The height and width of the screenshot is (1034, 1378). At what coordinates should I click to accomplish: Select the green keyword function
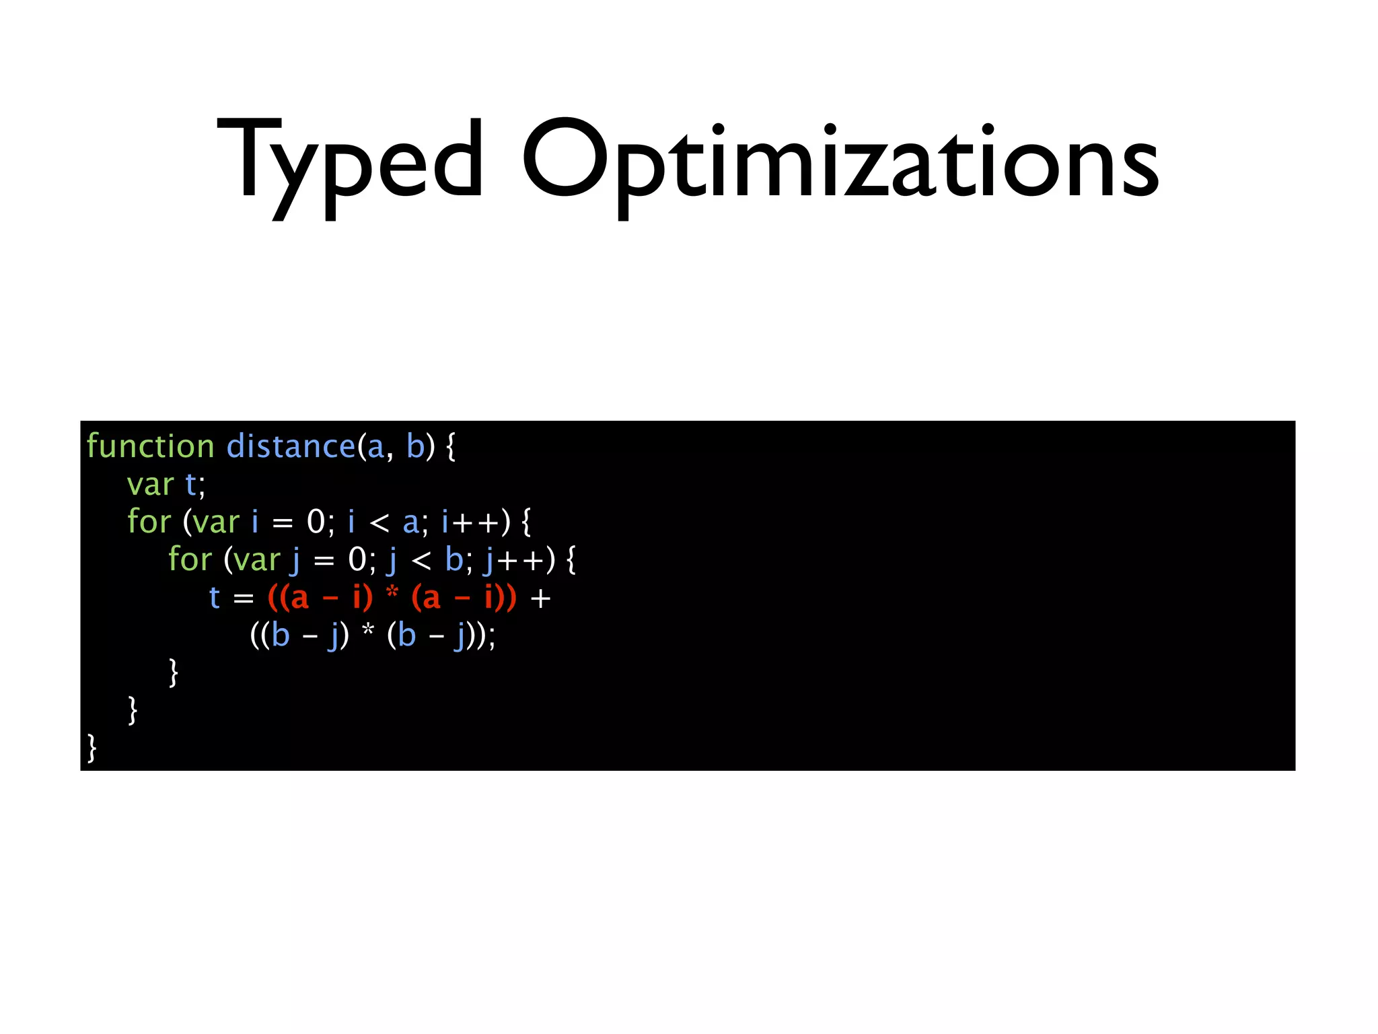[x=150, y=446]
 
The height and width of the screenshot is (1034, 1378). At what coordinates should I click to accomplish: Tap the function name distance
[x=290, y=446]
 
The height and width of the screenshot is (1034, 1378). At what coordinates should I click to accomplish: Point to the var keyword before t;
[x=150, y=485]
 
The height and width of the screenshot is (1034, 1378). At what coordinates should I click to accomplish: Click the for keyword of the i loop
[x=149, y=522]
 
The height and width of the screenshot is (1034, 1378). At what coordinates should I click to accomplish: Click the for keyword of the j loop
[x=190, y=559]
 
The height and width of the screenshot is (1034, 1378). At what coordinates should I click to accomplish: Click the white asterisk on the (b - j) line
[x=367, y=633]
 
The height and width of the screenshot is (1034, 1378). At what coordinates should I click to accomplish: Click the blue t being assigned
[x=215, y=598]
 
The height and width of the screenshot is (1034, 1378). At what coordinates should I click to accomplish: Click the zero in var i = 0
[x=316, y=522]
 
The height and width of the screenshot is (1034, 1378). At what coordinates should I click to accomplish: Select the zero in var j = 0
[x=357, y=559]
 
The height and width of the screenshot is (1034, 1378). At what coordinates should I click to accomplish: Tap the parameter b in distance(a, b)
[x=416, y=446]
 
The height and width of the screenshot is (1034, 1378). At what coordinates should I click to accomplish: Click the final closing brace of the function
[x=92, y=748]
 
